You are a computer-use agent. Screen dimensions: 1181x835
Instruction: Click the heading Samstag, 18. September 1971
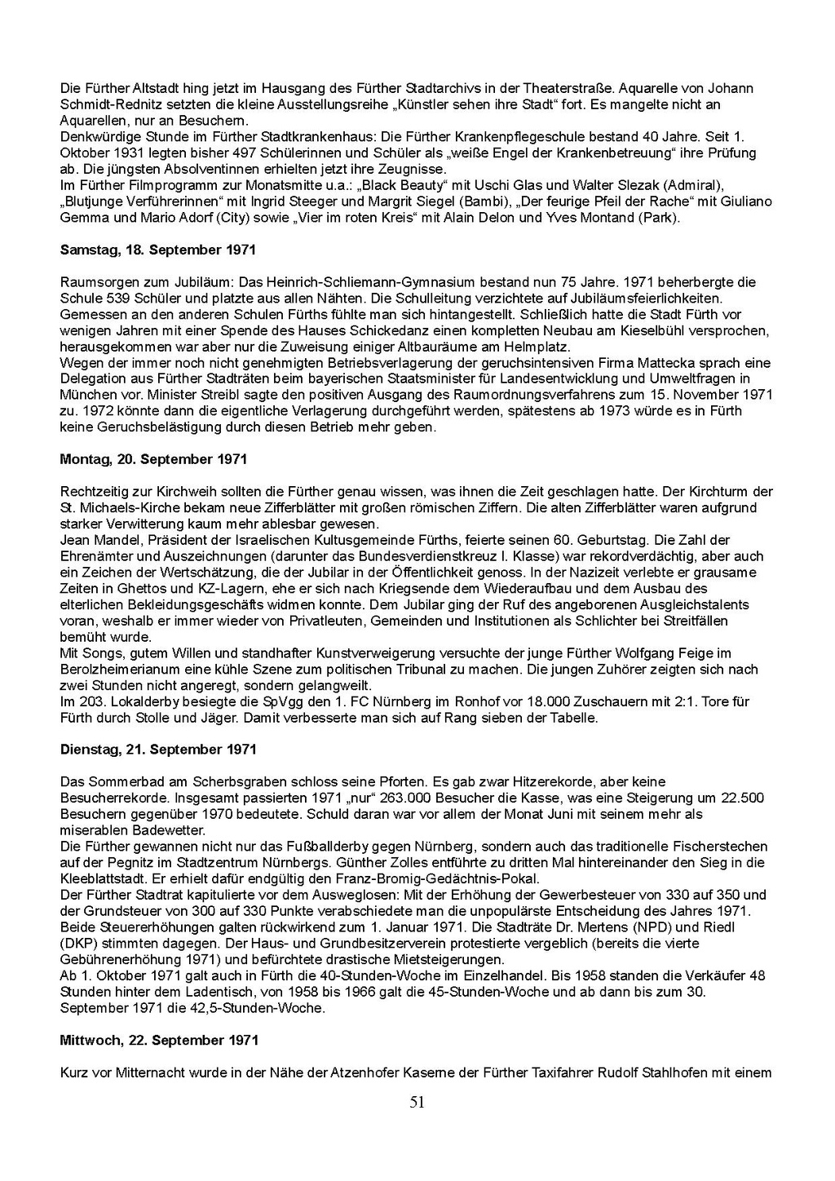158,250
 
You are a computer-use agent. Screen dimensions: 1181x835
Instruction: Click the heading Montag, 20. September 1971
153,459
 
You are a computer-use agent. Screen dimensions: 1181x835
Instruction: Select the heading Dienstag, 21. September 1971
158,750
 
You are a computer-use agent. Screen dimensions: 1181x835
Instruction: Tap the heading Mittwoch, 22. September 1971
159,1040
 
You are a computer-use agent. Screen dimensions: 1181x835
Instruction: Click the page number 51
417,1103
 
